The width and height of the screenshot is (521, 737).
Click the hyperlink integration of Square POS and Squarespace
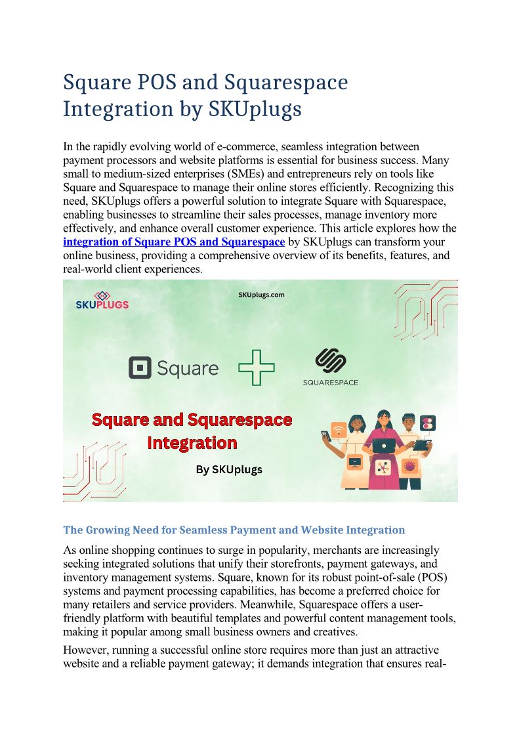pos(174,242)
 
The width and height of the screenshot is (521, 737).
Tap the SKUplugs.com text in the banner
pos(261,295)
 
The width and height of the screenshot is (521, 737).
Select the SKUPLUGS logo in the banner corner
pos(102,300)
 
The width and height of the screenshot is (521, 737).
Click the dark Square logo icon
pos(140,368)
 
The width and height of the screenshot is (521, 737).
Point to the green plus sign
pos(257,368)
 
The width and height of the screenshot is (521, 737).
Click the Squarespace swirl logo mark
pos(330,362)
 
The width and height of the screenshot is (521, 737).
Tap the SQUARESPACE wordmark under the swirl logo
pos(330,383)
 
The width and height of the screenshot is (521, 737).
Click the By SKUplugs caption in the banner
pos(229,470)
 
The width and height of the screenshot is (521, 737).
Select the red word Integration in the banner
pos(192,443)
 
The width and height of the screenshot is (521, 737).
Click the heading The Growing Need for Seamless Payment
pos(234,530)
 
